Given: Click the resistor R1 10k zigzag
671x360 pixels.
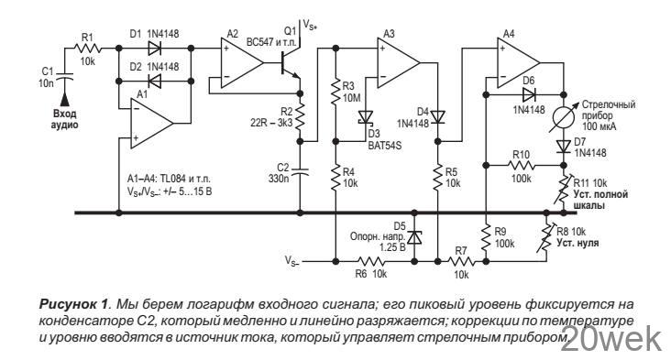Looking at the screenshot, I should (x=89, y=50).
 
